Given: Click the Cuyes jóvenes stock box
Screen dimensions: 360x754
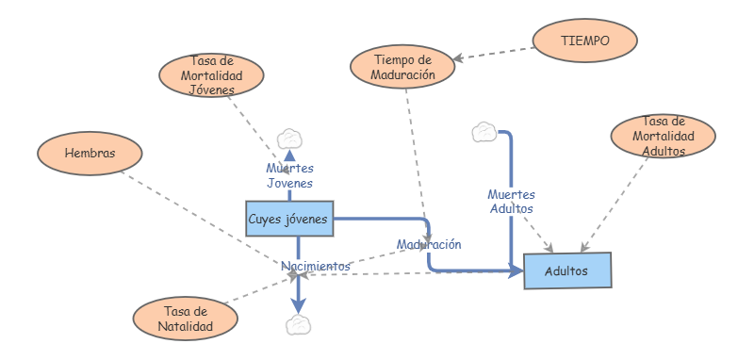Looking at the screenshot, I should [x=288, y=220].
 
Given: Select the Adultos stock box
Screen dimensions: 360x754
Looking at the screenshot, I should [x=566, y=270].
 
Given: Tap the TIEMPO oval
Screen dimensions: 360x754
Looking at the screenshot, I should [x=584, y=41].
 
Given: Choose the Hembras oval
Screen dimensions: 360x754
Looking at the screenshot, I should [x=90, y=153].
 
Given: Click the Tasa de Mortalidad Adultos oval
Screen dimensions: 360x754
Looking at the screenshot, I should [x=664, y=137].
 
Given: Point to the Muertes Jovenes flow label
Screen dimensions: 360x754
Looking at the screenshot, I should [x=288, y=175].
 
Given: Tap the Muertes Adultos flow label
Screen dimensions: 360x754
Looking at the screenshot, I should [x=511, y=201].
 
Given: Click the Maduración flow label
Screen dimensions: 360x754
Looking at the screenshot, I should [x=429, y=244].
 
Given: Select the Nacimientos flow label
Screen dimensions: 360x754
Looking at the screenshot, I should [x=316, y=267].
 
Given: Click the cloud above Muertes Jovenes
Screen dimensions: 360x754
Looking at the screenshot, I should [x=288, y=139].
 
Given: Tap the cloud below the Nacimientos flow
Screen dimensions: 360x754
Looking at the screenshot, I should [x=298, y=325].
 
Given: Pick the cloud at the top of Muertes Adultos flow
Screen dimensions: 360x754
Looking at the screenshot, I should [x=484, y=132].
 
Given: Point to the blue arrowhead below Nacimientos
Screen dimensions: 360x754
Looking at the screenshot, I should [x=298, y=305].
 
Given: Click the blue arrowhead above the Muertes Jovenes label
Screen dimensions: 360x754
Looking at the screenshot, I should [x=288, y=155].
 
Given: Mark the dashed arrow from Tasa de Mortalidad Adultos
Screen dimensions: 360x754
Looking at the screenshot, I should [x=616, y=204].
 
